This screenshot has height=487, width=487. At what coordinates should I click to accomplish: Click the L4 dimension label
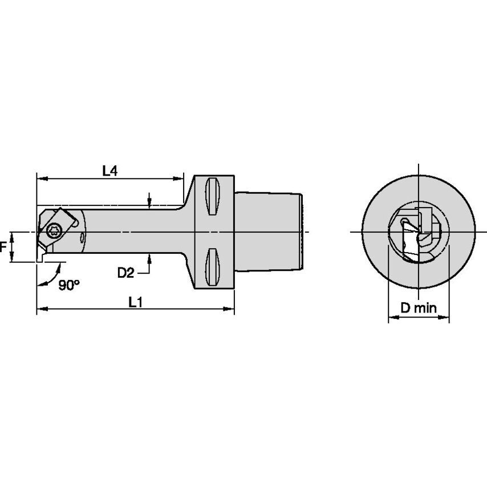pyautogui.click(x=110, y=171)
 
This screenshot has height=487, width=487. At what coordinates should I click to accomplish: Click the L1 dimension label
pyautogui.click(x=135, y=303)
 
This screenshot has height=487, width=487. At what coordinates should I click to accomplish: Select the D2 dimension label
pyautogui.click(x=125, y=273)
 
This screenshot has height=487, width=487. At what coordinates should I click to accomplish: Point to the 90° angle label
pyautogui.click(x=69, y=285)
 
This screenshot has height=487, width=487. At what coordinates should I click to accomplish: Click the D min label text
pyautogui.click(x=418, y=309)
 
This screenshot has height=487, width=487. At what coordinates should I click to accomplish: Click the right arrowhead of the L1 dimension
pyautogui.click(x=230, y=310)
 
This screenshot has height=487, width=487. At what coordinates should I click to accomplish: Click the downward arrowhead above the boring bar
pyautogui.click(x=149, y=202)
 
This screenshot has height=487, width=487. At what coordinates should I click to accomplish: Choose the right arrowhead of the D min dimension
pyautogui.click(x=446, y=317)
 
